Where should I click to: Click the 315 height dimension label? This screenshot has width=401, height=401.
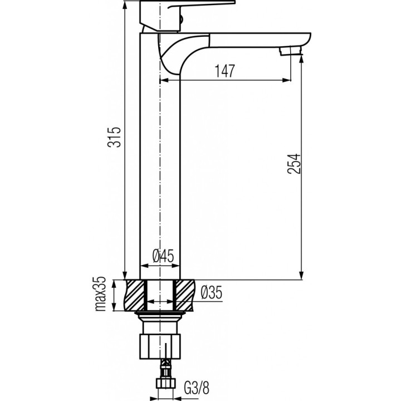[114, 137]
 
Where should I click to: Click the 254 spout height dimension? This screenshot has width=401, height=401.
[294, 164]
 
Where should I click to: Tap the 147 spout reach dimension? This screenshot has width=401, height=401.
[224, 71]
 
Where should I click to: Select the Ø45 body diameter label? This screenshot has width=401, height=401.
[163, 256]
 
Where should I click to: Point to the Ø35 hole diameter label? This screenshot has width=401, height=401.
[212, 292]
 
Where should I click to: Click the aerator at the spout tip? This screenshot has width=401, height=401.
[291, 50]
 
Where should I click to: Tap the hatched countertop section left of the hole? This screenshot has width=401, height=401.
[134, 296]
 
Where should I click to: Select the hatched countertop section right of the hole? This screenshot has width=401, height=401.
[185, 296]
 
